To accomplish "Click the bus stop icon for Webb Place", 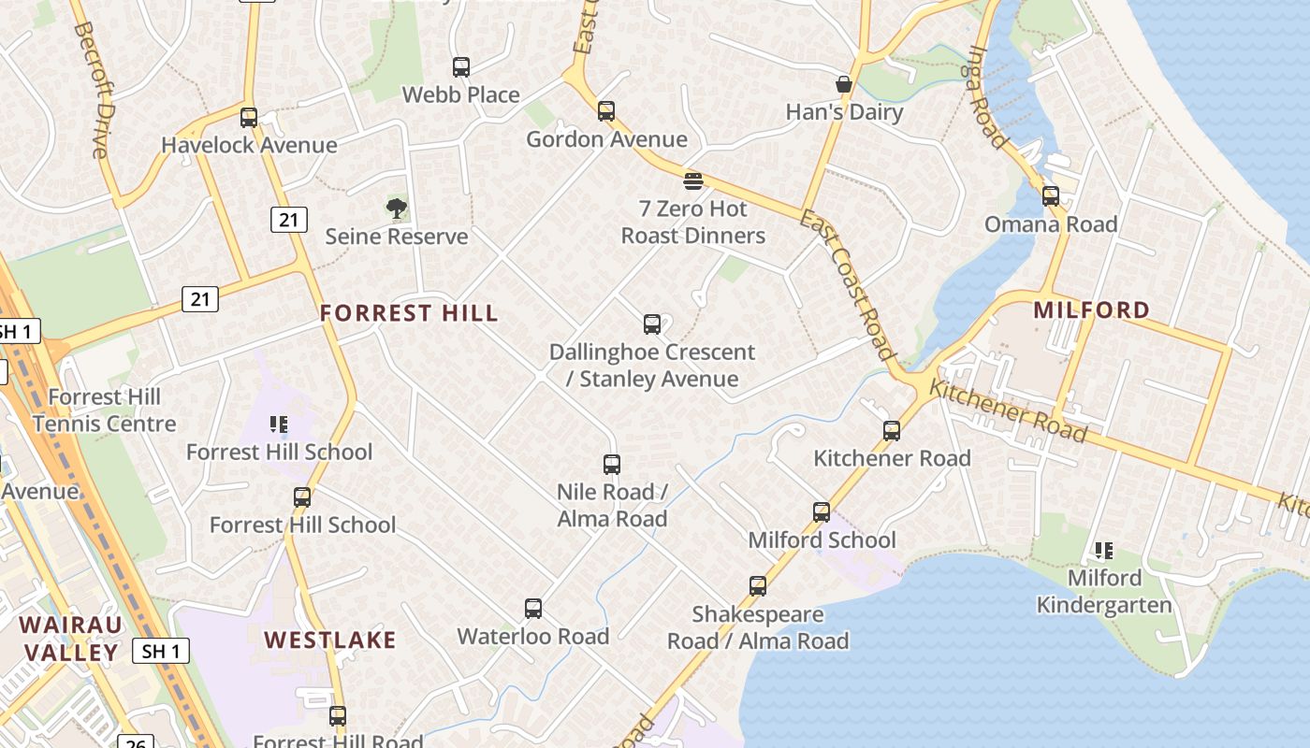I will (461, 67).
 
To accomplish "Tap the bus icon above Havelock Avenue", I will (249, 118).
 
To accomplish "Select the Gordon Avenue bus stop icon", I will (606, 111).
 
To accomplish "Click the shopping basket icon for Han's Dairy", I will (844, 85).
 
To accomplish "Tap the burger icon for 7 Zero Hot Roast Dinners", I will (693, 180).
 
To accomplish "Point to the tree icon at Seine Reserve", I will (397, 209).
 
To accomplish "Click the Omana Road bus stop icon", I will (1051, 196).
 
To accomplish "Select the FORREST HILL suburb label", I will (409, 313).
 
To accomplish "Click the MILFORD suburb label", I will (1091, 309).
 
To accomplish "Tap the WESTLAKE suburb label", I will (330, 640).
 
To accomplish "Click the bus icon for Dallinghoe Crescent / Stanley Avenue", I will (652, 324).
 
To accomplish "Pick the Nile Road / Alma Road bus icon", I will (612, 465).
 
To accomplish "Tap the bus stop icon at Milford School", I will (822, 512).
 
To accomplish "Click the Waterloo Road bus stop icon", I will (533, 609).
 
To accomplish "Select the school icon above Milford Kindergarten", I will (1104, 551).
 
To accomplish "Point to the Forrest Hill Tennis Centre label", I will (104, 410).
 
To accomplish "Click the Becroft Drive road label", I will (90, 90).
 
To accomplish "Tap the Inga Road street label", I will (988, 98).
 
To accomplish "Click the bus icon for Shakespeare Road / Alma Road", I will (758, 586).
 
